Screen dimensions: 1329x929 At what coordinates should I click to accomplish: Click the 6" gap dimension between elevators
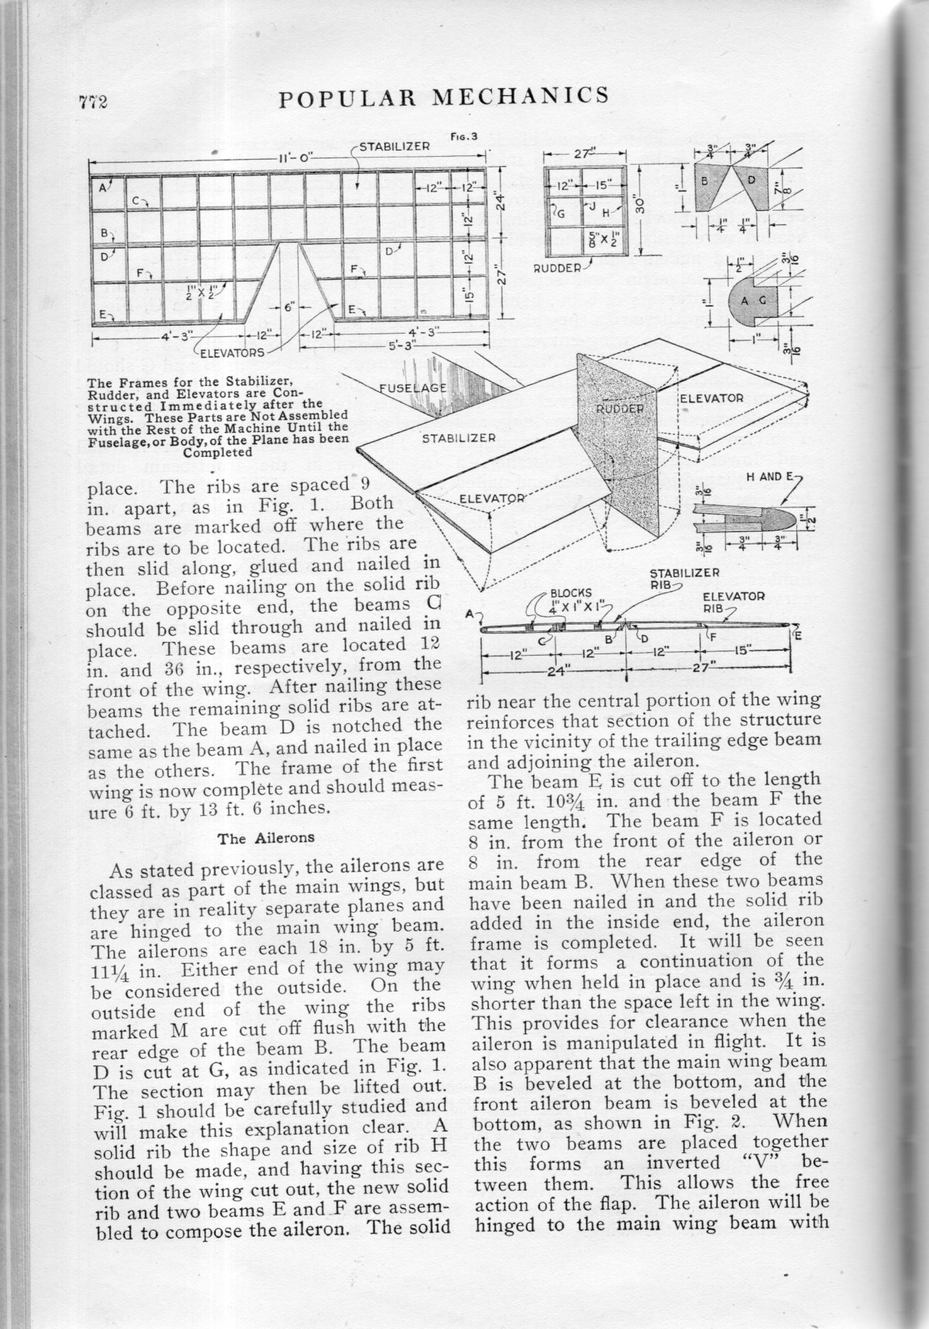[x=290, y=307]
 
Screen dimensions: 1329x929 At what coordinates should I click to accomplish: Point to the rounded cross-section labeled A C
[x=754, y=301]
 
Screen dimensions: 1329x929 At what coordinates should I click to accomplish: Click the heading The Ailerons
[x=266, y=838]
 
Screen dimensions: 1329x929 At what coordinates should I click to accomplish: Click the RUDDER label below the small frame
[x=557, y=270]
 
